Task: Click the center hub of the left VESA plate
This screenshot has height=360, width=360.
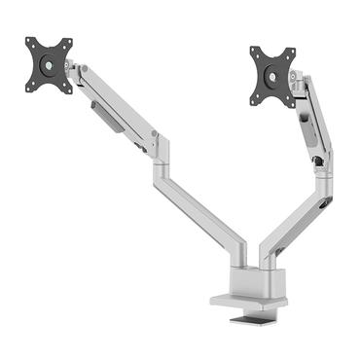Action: tap(49, 65)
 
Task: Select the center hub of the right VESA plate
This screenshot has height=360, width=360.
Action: tap(273, 75)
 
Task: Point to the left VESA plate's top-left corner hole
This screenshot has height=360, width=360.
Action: tap(30, 45)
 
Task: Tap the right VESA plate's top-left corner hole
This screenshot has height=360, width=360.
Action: tap(255, 52)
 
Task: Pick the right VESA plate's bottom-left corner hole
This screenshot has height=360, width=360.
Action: tap(258, 99)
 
